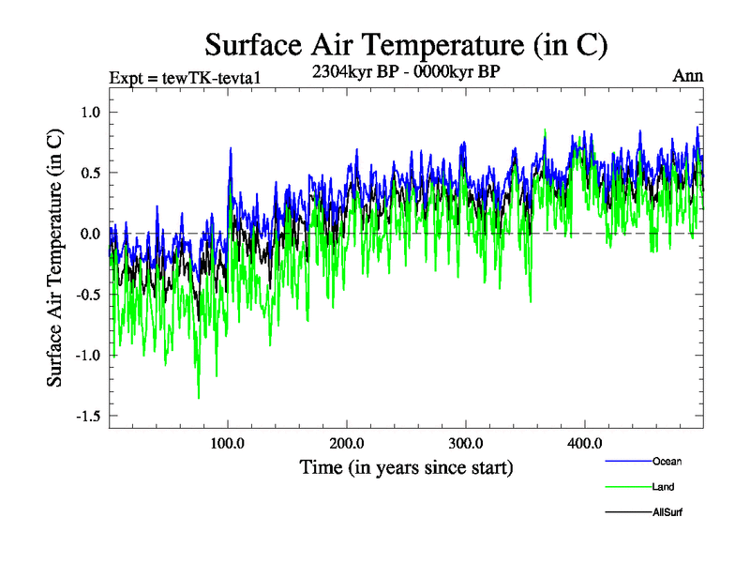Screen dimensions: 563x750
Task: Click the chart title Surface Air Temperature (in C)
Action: [407, 44]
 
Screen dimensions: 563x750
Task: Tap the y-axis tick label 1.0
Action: [87, 112]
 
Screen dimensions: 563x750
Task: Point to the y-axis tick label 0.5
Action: [87, 173]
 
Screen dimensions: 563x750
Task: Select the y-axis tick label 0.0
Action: [87, 234]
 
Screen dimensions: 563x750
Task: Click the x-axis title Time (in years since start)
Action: [406, 466]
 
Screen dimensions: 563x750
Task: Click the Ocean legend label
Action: [667, 461]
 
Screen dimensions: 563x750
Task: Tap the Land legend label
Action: [663, 487]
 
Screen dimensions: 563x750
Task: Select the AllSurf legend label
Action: [667, 512]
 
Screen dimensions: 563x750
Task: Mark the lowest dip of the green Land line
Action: [199, 398]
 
